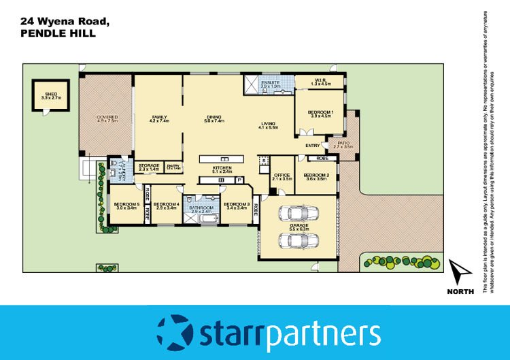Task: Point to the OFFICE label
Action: pos(282,176)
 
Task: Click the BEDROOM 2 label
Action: pos(317,176)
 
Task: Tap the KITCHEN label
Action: pos(222,168)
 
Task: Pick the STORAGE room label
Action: pos(149,166)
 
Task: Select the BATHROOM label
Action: pos(202,208)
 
